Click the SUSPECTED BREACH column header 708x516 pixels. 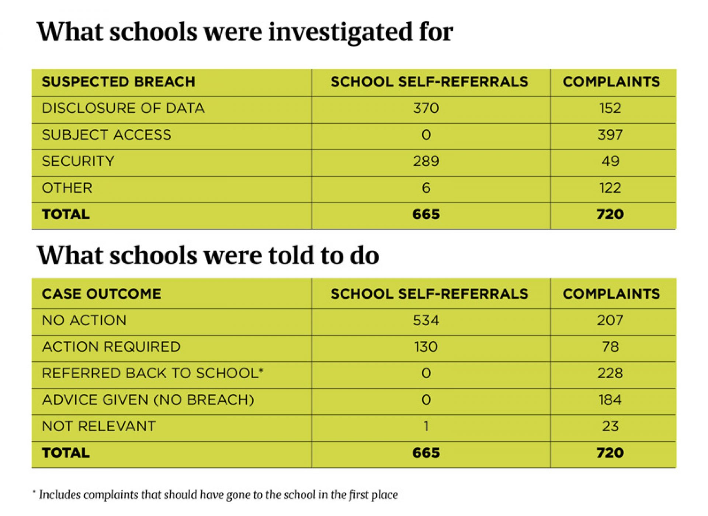tap(118, 82)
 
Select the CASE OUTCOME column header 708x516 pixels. tap(101, 294)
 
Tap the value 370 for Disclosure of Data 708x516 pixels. tap(426, 108)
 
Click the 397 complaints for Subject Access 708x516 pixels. tap(610, 135)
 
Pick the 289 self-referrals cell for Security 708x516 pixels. tap(426, 161)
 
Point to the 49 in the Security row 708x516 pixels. tap(610, 161)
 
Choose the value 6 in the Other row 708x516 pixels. tap(426, 188)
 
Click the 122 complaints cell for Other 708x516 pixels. tap(610, 188)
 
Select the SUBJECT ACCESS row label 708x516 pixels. tap(106, 135)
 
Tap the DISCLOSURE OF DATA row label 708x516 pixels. tap(123, 108)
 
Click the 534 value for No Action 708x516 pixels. tap(426, 320)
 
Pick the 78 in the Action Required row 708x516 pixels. tap(610, 347)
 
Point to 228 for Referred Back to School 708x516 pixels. tap(610, 373)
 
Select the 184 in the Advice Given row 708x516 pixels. tap(610, 400)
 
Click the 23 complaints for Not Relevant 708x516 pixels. tap(610, 427)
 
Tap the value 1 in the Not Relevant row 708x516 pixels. tap(426, 427)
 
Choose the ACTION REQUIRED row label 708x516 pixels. tap(111, 347)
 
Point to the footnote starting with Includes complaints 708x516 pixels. tap(218, 495)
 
